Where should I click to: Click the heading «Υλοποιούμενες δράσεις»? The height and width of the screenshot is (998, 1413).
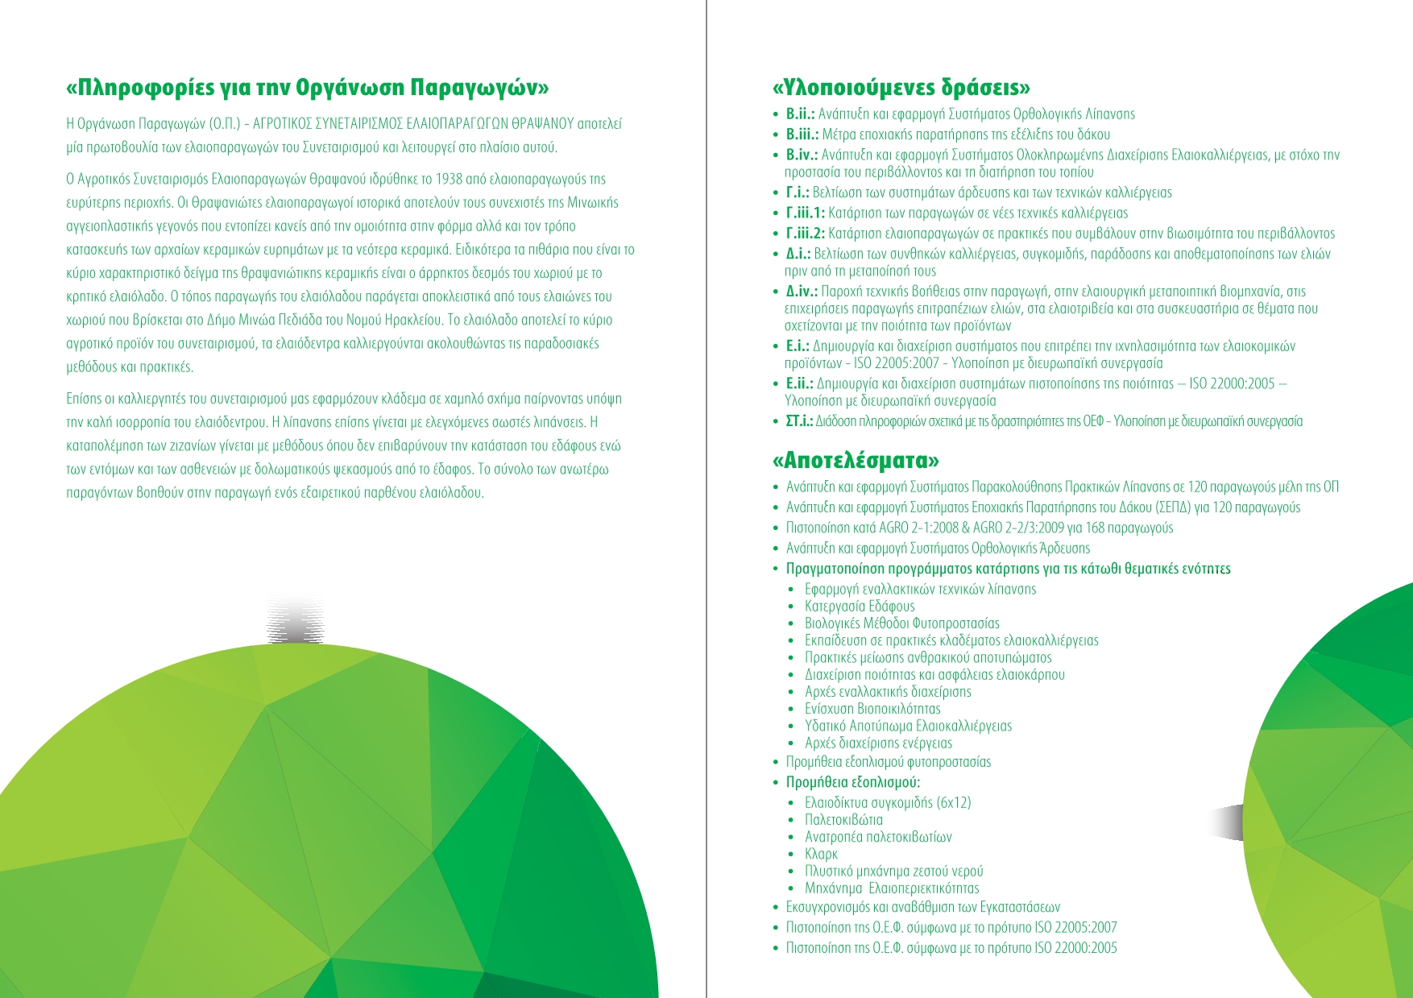pyautogui.click(x=901, y=87)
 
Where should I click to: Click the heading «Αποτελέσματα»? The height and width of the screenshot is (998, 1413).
pyautogui.click(x=856, y=461)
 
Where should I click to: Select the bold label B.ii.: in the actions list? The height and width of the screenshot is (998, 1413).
pyautogui.click(x=802, y=114)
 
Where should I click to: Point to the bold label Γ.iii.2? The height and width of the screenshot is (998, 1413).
pyautogui.click(x=806, y=234)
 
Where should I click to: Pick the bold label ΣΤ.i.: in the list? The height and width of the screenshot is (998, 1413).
pyautogui.click(x=799, y=421)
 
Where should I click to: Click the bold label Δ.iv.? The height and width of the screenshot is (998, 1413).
pyautogui.click(x=802, y=292)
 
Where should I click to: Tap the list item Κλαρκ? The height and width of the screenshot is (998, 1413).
pyautogui.click(x=821, y=854)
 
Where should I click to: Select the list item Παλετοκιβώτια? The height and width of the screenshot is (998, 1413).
pyautogui.click(x=843, y=820)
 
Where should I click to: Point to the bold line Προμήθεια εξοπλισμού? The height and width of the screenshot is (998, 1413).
pyautogui.click(x=853, y=782)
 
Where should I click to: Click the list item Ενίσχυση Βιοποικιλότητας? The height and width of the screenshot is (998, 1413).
pyautogui.click(x=872, y=709)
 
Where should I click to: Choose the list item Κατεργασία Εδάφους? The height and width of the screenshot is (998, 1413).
pyautogui.click(x=860, y=607)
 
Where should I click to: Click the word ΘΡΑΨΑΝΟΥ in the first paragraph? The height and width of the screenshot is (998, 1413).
pyautogui.click(x=544, y=124)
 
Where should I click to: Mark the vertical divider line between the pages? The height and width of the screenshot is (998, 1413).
pyautogui.click(x=706, y=499)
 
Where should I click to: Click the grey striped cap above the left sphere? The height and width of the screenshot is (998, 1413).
pyautogui.click(x=296, y=620)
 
